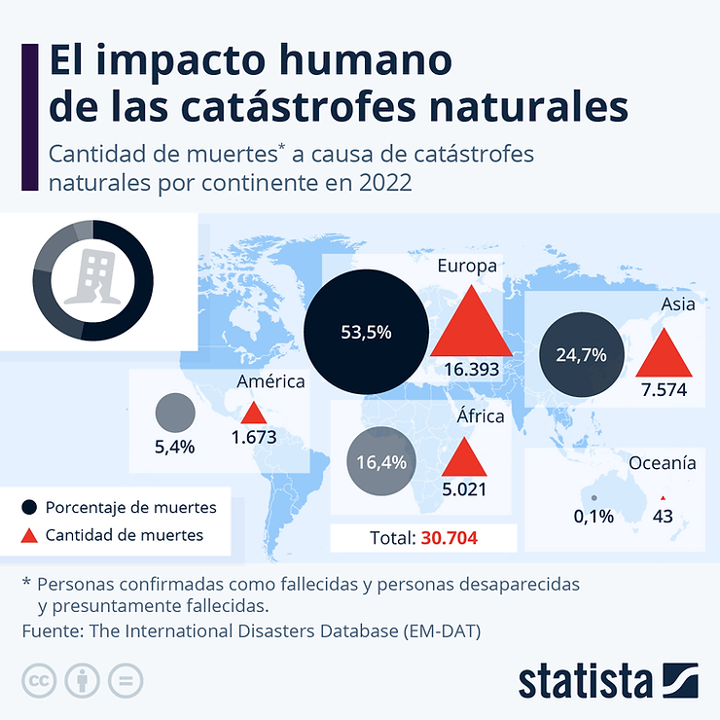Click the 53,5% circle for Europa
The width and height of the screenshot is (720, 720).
(x=366, y=332)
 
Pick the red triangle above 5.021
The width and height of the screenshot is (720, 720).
(x=464, y=458)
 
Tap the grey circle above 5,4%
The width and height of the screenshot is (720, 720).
(x=175, y=414)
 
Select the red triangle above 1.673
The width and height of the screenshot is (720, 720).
(x=253, y=414)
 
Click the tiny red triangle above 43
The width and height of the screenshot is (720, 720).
(x=663, y=496)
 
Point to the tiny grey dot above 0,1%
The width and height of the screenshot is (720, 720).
(x=594, y=497)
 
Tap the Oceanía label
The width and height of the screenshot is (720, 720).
(x=662, y=463)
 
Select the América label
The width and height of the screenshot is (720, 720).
(x=270, y=381)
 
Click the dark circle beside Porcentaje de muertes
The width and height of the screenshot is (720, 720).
(x=29, y=507)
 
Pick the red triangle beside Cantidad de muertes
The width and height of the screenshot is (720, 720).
(x=29, y=534)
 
